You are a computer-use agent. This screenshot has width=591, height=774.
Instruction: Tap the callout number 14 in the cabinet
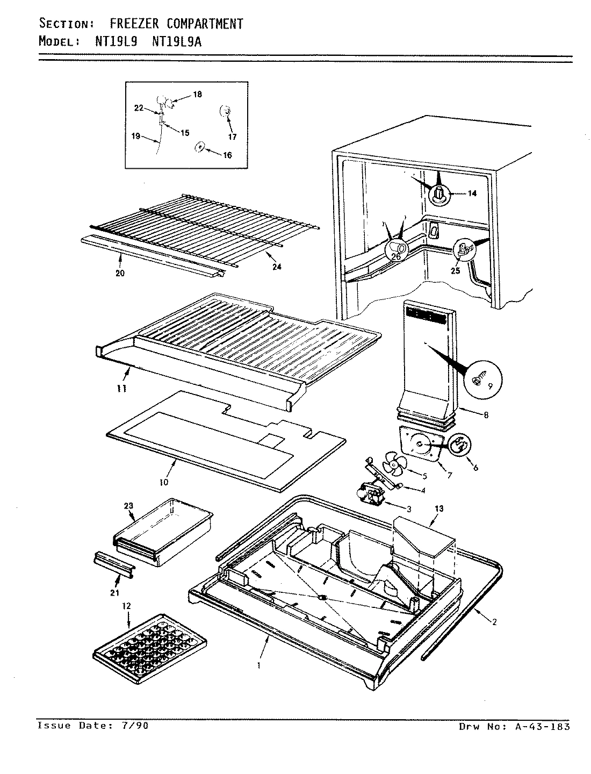(472, 194)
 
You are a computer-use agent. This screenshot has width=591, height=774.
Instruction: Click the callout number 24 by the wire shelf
(277, 267)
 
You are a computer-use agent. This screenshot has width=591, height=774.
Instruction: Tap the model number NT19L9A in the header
(177, 41)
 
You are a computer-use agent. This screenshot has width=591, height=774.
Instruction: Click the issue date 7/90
(136, 726)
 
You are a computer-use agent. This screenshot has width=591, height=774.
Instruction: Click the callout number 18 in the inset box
(197, 95)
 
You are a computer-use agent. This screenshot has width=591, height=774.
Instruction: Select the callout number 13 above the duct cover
(439, 508)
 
